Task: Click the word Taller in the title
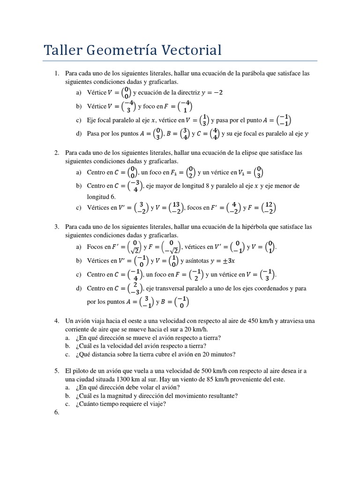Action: (63, 50)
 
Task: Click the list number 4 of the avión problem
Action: (56, 321)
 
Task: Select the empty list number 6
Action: (56, 412)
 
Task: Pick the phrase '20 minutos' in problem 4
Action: (220, 354)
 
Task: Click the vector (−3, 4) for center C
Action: (135, 186)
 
